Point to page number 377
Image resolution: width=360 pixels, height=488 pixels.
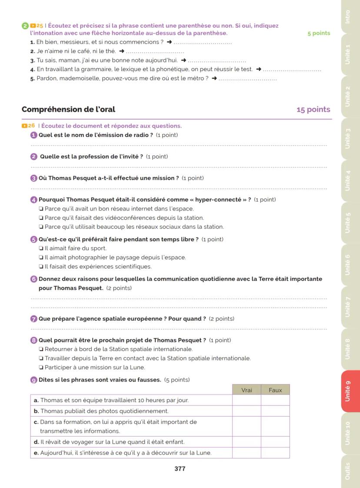(x=180, y=469)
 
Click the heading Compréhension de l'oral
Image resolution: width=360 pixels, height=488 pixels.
(x=68, y=110)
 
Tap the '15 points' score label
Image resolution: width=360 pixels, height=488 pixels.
(x=313, y=110)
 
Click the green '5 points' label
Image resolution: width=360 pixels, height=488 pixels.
(x=319, y=33)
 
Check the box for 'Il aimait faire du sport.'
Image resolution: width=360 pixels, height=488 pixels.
(x=41, y=249)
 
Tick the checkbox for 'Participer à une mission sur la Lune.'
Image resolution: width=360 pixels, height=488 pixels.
(x=41, y=368)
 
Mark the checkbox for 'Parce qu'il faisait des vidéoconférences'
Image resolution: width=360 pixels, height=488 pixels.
(x=41, y=218)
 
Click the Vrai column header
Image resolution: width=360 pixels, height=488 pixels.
(x=247, y=390)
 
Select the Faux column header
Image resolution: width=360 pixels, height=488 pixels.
(x=275, y=390)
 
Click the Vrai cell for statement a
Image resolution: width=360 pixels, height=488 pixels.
(x=247, y=400)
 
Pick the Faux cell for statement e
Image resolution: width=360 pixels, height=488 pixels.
(x=275, y=453)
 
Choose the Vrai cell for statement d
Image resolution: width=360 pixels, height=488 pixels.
(x=247, y=442)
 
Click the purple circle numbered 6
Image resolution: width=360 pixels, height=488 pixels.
(x=34, y=279)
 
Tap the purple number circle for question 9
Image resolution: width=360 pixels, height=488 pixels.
(x=34, y=380)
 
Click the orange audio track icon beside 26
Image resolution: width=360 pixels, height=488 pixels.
(x=24, y=126)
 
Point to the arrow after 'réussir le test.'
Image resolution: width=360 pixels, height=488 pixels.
(x=259, y=70)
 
